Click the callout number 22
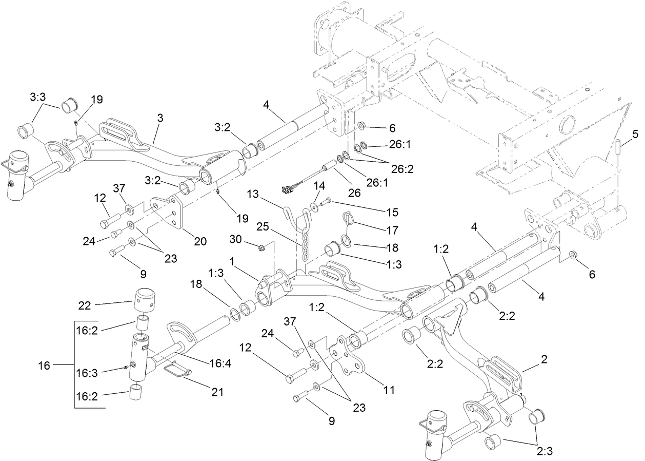coord(85,306)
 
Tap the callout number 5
coord(635,136)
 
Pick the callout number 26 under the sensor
coord(355,193)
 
